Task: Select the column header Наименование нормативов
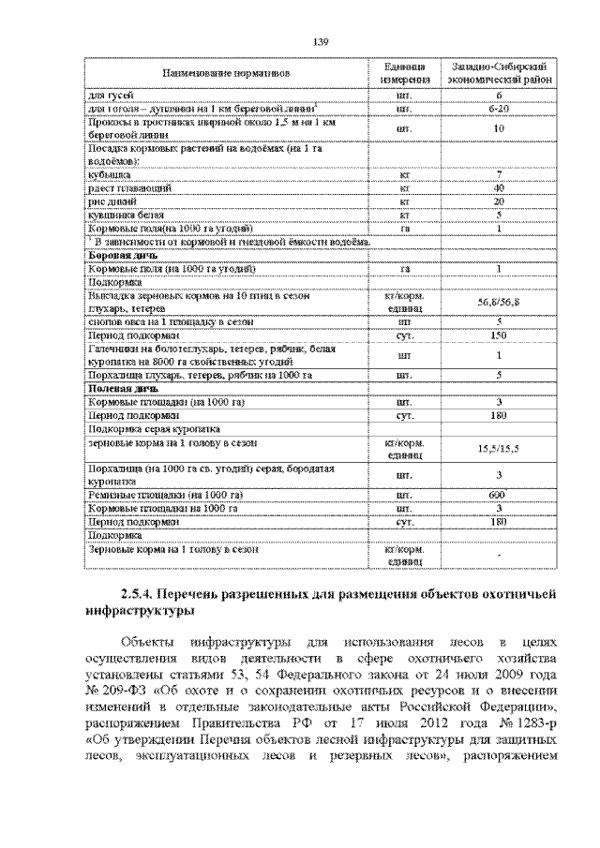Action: coord(226,72)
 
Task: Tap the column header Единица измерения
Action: coord(410,72)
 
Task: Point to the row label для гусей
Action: coord(110,96)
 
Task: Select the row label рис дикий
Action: coord(111,201)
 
